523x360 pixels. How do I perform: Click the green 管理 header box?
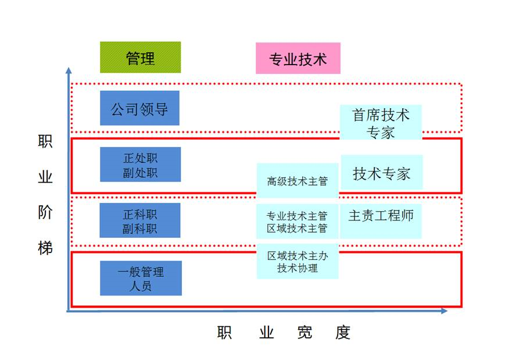[x=140, y=58]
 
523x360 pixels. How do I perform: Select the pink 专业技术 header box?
[x=298, y=59]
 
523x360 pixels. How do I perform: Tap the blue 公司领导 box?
[x=139, y=108]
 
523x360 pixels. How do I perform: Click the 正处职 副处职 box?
[x=140, y=165]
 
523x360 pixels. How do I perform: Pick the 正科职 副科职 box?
[x=139, y=220]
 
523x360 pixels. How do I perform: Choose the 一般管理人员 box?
[x=140, y=278]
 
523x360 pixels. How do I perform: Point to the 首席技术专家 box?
[x=381, y=123]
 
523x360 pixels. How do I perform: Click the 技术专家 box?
[x=381, y=173]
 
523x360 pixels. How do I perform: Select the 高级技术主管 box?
[x=297, y=181]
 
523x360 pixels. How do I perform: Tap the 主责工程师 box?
[x=381, y=216]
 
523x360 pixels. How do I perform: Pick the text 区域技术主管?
[x=297, y=228]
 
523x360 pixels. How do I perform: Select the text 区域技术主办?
[x=297, y=255]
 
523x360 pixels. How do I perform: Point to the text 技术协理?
[x=297, y=268]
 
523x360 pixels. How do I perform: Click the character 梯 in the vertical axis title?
[x=45, y=248]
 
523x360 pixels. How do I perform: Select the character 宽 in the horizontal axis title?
[x=304, y=333]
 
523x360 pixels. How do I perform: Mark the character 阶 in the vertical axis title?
[x=45, y=213]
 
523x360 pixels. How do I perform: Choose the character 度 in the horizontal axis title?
[x=343, y=333]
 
